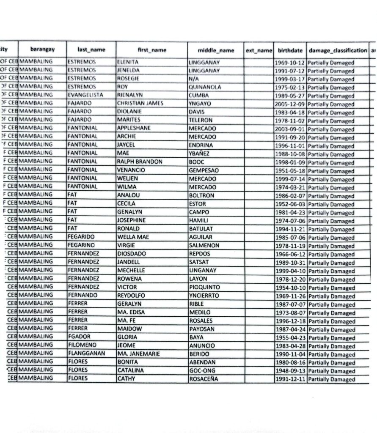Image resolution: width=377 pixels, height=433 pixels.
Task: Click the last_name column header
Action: (x=91, y=50)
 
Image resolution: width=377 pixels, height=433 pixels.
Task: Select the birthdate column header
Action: (x=290, y=50)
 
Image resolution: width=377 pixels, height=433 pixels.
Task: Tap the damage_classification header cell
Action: (x=338, y=50)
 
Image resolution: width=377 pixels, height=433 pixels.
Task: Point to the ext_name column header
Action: (x=259, y=50)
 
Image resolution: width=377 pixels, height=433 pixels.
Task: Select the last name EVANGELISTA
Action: (x=85, y=95)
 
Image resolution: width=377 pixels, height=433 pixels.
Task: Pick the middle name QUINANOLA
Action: (x=205, y=87)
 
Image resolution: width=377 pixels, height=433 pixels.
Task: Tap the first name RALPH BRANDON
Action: (x=139, y=162)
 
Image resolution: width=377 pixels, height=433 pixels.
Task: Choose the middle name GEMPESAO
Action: (x=205, y=170)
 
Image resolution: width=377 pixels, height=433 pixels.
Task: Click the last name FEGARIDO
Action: (x=81, y=237)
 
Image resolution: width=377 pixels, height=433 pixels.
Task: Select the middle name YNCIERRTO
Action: (x=204, y=296)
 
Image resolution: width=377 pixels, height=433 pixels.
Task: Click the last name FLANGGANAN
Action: (x=86, y=354)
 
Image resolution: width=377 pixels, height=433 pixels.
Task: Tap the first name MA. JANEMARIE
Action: (x=139, y=354)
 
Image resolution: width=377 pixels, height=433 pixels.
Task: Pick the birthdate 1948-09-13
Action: (x=290, y=371)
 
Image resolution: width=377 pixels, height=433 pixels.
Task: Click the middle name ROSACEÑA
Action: (x=204, y=378)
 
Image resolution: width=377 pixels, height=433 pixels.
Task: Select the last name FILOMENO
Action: (x=82, y=345)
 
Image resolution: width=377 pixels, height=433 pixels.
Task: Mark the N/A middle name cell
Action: (x=194, y=78)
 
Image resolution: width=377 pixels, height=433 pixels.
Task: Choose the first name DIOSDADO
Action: (x=131, y=254)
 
